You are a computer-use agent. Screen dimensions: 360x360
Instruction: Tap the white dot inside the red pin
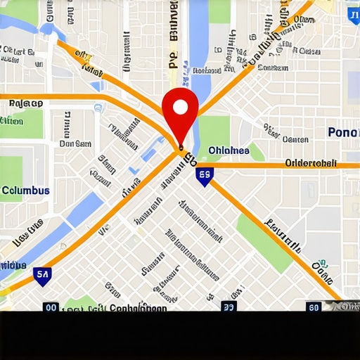click(x=180, y=107)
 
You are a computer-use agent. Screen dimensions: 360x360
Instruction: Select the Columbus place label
click(x=25, y=191)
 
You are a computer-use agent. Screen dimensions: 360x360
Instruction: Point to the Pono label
click(x=343, y=132)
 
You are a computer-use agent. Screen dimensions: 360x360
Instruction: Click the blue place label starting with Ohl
click(x=229, y=150)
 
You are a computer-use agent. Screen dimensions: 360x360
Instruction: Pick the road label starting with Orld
click(x=311, y=163)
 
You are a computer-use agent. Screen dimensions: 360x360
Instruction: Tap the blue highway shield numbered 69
click(x=205, y=176)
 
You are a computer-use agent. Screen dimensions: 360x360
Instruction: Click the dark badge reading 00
click(x=51, y=307)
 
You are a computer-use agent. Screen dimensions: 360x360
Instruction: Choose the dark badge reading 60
click(x=314, y=307)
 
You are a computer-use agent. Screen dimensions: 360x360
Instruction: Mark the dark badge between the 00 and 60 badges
click(x=229, y=307)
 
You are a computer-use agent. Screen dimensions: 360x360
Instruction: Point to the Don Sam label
click(x=75, y=143)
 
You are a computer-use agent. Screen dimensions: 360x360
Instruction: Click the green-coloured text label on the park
click(x=11, y=122)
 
